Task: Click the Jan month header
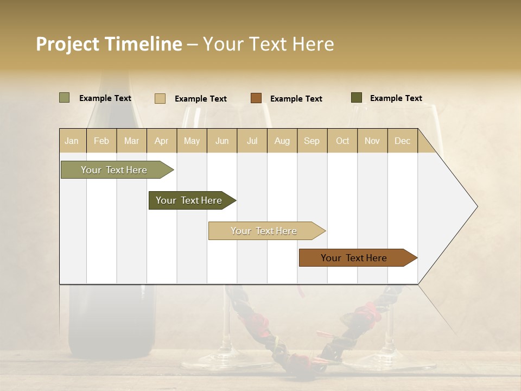click(x=72, y=141)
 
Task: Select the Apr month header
click(x=162, y=141)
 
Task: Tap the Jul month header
click(x=252, y=141)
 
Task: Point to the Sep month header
click(x=312, y=141)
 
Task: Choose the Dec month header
click(x=402, y=141)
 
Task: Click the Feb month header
click(x=101, y=141)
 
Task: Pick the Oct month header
click(x=342, y=141)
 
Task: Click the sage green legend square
click(x=64, y=98)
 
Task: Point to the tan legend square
click(x=160, y=98)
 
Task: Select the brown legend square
click(x=256, y=98)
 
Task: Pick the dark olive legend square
click(x=357, y=98)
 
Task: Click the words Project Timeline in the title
click(x=109, y=44)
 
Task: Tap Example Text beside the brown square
click(x=296, y=99)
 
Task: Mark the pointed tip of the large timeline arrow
click(x=476, y=206)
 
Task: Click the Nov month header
click(x=372, y=141)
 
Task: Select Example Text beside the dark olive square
click(x=396, y=98)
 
